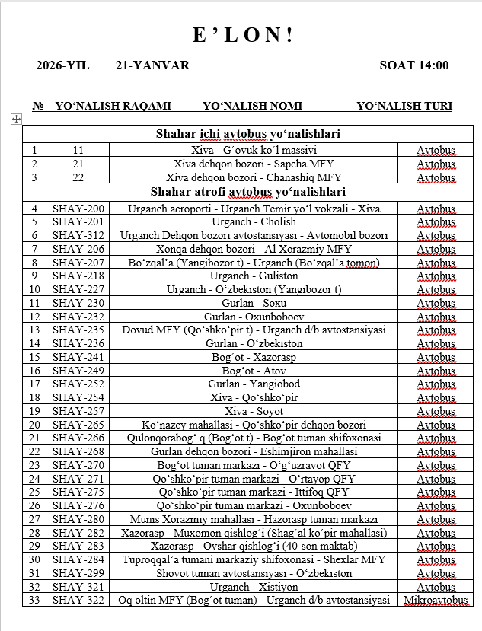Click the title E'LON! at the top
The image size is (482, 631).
241,35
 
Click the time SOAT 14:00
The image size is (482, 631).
413,65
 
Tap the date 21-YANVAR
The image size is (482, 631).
152,65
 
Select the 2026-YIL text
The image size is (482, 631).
62,65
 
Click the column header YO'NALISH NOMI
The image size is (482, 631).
253,106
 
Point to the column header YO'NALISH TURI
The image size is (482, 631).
404,106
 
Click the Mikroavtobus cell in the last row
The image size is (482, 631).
435,601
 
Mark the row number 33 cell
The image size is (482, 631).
34,601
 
